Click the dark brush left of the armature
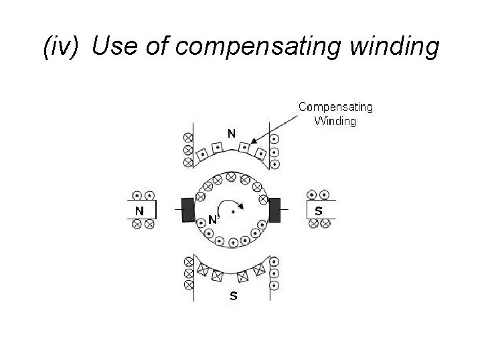click(188, 210)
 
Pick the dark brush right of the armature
click(274, 210)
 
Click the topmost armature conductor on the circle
click(231, 176)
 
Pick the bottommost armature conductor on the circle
click(233, 242)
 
